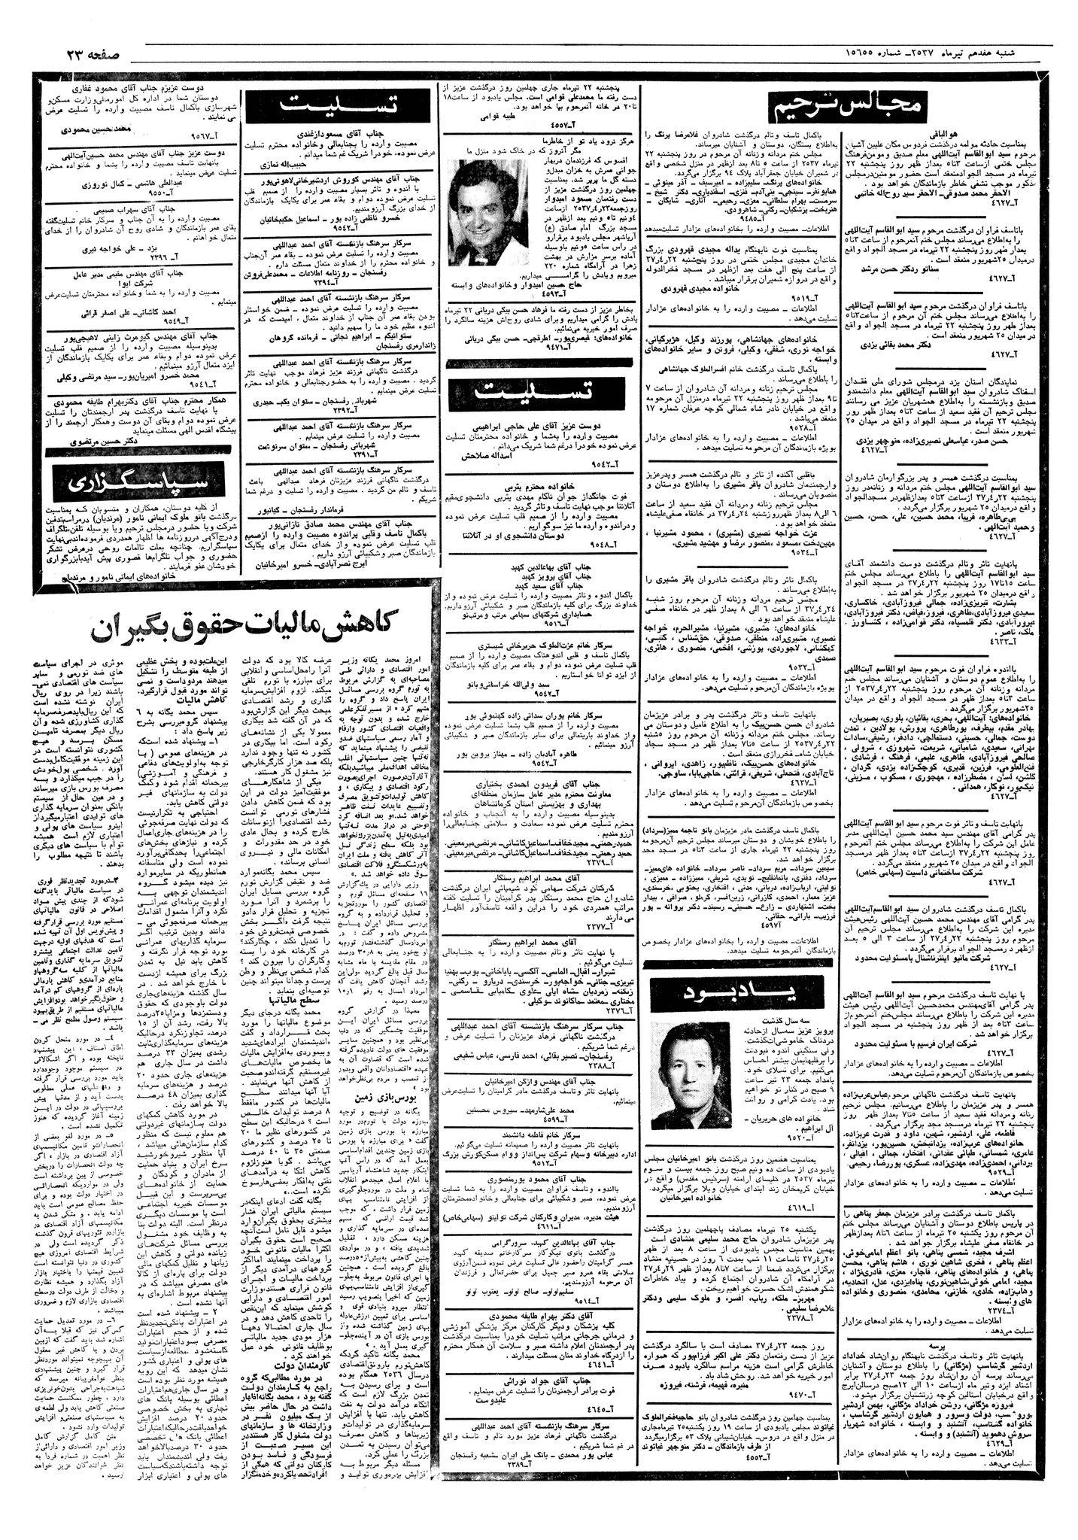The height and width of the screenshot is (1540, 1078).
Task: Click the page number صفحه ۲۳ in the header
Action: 84,54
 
